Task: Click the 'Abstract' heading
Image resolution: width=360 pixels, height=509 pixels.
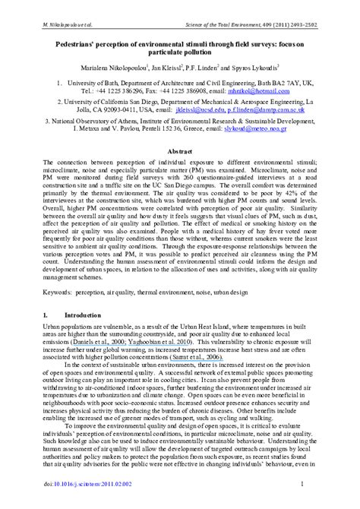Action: [179, 152]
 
